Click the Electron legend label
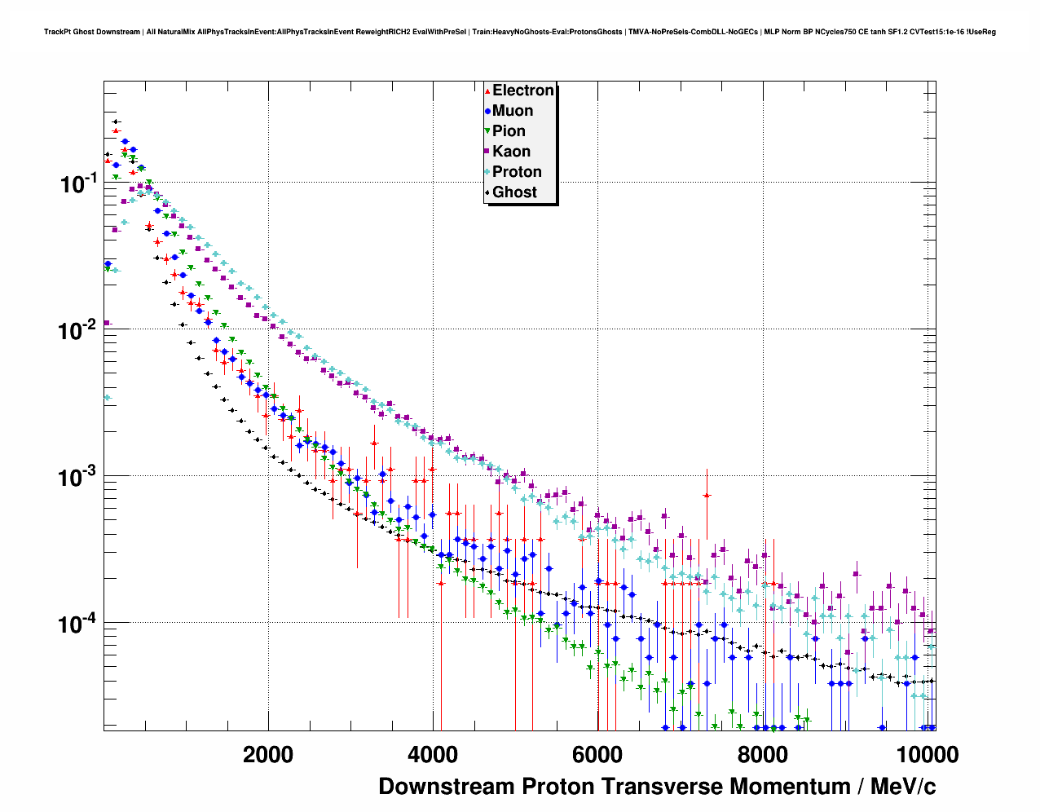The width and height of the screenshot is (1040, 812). point(523,90)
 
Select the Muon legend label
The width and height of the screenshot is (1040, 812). point(513,111)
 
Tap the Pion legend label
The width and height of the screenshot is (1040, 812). point(509,131)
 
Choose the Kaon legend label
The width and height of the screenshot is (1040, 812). point(511,152)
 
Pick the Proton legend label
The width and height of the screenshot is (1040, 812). point(517,172)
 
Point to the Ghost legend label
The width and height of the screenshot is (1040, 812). point(514,192)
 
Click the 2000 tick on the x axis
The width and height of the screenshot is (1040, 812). point(268,754)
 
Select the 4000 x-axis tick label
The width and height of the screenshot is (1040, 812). point(433,754)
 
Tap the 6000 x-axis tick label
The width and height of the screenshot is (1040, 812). point(597,754)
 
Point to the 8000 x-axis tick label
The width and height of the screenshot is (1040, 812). point(762,754)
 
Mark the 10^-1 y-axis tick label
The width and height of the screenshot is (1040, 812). point(79,183)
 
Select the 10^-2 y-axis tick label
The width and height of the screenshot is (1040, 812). point(79,330)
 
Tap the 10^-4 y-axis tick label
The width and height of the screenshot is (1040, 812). point(79,624)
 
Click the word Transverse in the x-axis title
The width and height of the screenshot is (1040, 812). point(663,787)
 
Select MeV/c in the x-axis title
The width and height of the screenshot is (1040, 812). point(902,787)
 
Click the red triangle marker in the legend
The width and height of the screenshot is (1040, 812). point(487,90)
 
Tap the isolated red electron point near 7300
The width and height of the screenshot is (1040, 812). point(707,495)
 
